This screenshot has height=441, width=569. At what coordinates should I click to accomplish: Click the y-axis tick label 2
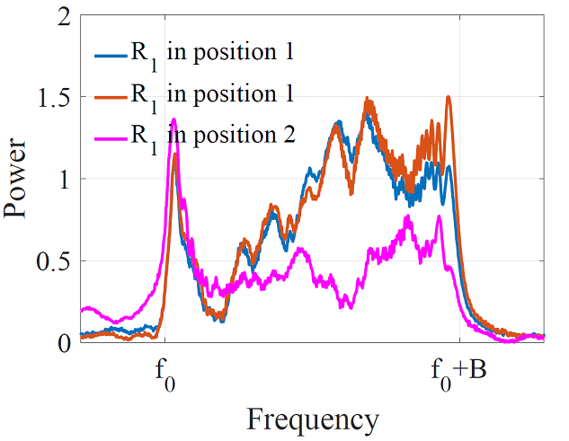63,17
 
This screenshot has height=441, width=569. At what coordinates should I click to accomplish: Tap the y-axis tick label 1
63,180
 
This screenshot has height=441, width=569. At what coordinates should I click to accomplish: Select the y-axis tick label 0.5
54,261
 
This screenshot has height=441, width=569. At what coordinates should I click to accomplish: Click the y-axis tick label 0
63,343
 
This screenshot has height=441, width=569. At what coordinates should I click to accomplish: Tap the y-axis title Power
21,180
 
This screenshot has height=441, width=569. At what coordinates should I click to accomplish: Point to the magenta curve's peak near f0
173,119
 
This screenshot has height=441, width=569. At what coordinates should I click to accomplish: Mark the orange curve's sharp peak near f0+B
448,97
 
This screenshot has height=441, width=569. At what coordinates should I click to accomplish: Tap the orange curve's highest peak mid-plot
366,99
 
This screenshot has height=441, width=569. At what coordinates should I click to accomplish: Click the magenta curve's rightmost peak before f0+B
439,216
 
